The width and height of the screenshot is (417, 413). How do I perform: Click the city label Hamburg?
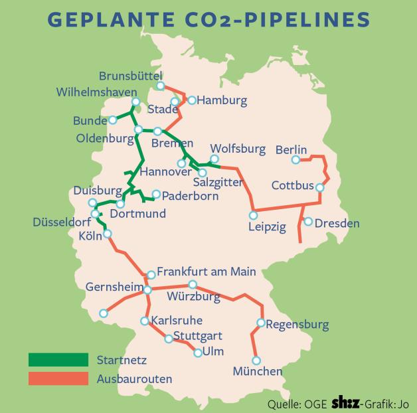(x=222, y=101)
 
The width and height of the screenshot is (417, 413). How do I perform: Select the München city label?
(x=258, y=371)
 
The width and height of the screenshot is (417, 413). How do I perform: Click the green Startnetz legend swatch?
(x=58, y=361)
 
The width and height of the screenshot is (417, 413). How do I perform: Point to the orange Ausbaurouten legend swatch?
(x=58, y=379)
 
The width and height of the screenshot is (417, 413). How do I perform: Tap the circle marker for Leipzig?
(x=253, y=215)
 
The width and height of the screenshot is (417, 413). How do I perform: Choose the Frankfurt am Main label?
(x=206, y=272)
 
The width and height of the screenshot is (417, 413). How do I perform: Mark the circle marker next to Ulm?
(x=197, y=353)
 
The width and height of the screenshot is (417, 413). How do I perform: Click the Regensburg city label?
(x=297, y=325)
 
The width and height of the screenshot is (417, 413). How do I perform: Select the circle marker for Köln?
(x=108, y=234)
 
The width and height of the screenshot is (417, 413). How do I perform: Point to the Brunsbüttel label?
(x=130, y=76)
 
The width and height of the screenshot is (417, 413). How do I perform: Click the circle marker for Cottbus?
(x=319, y=187)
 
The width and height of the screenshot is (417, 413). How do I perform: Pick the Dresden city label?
(x=337, y=223)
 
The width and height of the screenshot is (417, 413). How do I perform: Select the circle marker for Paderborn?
(x=156, y=195)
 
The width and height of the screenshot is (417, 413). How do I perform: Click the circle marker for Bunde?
(x=114, y=120)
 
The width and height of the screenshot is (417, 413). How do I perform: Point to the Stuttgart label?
(x=197, y=335)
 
